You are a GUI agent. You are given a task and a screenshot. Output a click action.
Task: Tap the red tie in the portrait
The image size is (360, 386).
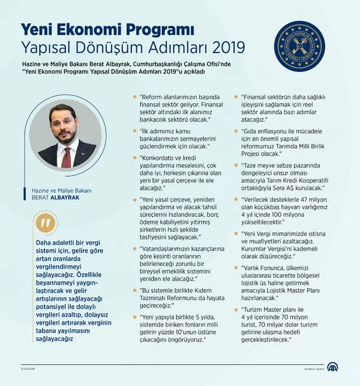66,156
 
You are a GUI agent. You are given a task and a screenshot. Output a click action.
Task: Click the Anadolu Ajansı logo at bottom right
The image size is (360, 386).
332,369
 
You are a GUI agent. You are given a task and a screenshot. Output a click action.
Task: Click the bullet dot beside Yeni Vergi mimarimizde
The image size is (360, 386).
236,232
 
